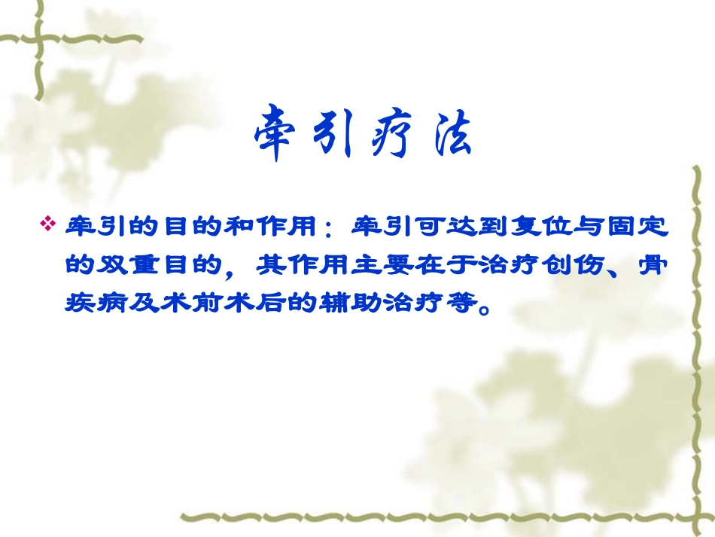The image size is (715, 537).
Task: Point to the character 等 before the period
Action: [x=461, y=304]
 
